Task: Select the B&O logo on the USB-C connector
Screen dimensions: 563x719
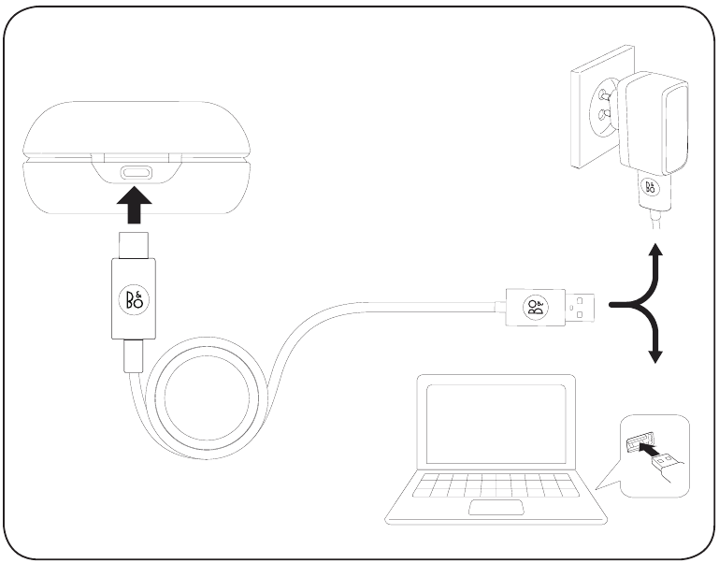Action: pos(132,298)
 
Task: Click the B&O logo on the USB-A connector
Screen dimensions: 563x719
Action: pos(534,307)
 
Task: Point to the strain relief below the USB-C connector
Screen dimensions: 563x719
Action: pos(133,355)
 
